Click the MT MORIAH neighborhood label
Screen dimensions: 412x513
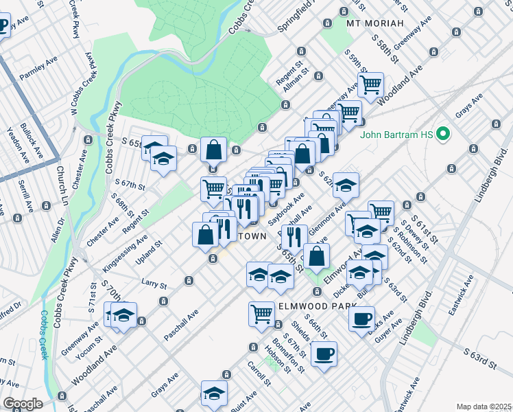[372, 23]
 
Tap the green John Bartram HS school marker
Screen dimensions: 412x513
[443, 134]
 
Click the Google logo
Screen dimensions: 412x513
[23, 403]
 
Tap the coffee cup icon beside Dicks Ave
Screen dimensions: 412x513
[361, 319]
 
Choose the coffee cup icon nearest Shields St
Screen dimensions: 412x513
[324, 354]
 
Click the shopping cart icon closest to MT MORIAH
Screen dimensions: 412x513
[370, 85]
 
